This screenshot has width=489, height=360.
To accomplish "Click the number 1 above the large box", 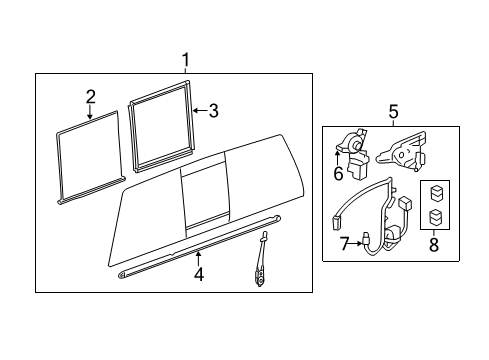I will [185, 61].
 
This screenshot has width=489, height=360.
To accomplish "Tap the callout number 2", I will [90, 96].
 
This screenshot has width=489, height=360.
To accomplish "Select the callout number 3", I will [213, 111].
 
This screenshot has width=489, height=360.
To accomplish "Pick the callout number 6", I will [338, 173].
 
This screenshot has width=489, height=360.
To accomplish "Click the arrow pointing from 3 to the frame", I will [199, 111].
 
